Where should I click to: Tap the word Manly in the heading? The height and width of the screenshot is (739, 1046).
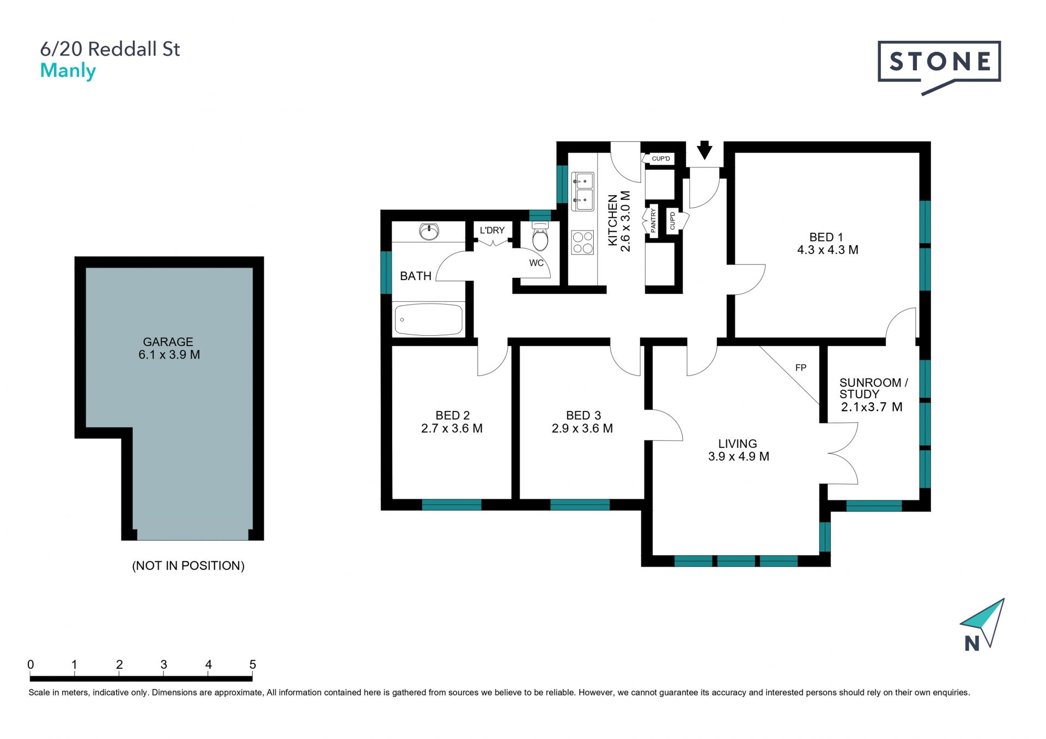point(68,71)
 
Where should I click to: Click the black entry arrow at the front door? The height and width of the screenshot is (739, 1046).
point(704,150)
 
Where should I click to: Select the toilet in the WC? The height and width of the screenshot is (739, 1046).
point(540,235)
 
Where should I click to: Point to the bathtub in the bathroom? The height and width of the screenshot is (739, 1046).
point(428,319)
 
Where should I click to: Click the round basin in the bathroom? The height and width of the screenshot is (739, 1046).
point(429,232)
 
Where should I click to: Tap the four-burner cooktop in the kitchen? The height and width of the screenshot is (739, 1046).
point(582,243)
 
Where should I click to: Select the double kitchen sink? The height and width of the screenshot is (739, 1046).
point(582,192)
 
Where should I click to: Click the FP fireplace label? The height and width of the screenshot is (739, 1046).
point(800,368)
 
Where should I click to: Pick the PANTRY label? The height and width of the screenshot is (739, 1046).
point(653,221)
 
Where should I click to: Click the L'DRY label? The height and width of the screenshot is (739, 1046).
point(492,231)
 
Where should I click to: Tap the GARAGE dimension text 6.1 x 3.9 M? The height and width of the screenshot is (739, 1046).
point(169,355)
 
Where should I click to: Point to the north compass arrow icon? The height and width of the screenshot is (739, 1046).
point(982,624)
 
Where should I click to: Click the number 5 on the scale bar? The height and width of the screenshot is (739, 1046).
point(252,664)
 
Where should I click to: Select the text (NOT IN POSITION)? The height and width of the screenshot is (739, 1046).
point(188,566)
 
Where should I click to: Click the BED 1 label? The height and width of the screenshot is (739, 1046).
point(826,237)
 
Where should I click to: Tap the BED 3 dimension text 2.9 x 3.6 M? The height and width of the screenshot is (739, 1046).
point(582,429)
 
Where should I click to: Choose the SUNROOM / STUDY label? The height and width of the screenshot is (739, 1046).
point(873,388)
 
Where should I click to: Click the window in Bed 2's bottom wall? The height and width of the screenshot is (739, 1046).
point(452,505)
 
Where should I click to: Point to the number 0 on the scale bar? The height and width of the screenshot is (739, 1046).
point(31,664)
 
